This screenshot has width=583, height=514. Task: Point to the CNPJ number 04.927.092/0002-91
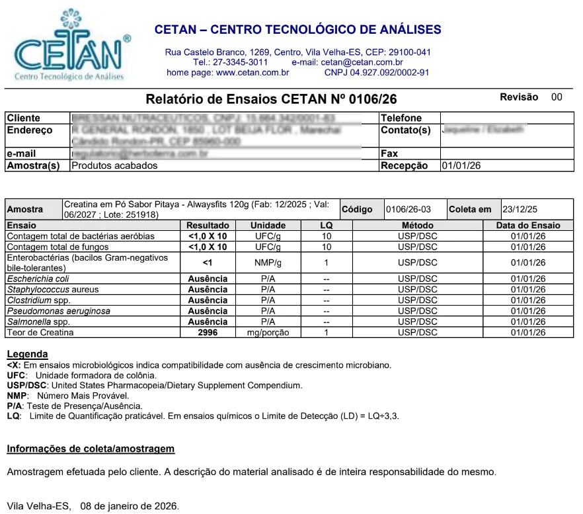pos(389,73)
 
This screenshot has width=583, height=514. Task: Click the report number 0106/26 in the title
pos(373,100)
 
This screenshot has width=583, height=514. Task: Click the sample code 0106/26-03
pos(409,210)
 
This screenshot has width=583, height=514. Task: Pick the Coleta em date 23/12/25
pos(520,210)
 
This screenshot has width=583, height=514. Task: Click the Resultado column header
pos(208,226)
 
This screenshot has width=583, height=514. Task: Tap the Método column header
pos(417,226)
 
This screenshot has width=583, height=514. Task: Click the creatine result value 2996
pos(208,333)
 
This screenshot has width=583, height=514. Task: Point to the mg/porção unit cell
pos(268,333)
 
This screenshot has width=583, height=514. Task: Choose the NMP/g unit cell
pos(268,263)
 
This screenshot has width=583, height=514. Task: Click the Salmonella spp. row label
pos(38,322)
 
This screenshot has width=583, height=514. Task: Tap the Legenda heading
pos(27,355)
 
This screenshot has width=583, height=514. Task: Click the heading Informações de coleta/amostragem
pos(91,449)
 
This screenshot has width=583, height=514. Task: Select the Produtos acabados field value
pos(114,166)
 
